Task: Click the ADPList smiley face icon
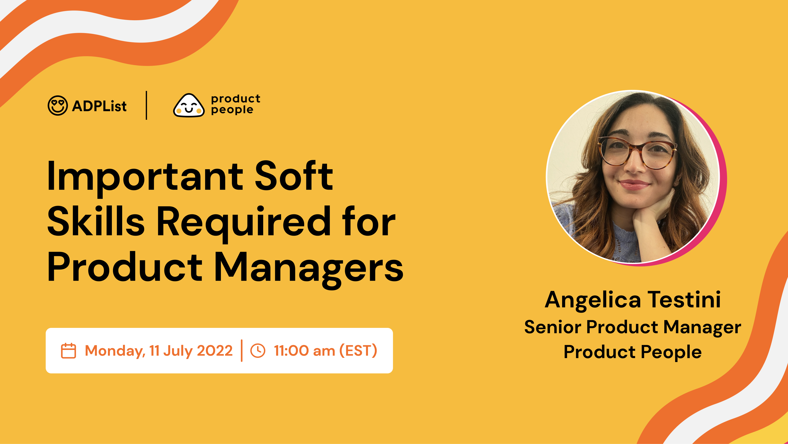pyautogui.click(x=58, y=106)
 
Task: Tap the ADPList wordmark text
pyautogui.click(x=99, y=106)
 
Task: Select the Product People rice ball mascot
pyautogui.click(x=189, y=105)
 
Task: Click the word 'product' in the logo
pyautogui.click(x=236, y=99)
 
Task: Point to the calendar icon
pyautogui.click(x=68, y=351)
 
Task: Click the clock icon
pyautogui.click(x=258, y=351)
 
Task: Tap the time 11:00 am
pyautogui.click(x=304, y=351)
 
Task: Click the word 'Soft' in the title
pyautogui.click(x=294, y=176)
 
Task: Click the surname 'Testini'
pyautogui.click(x=684, y=299)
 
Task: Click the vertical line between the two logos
pyautogui.click(x=147, y=105)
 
